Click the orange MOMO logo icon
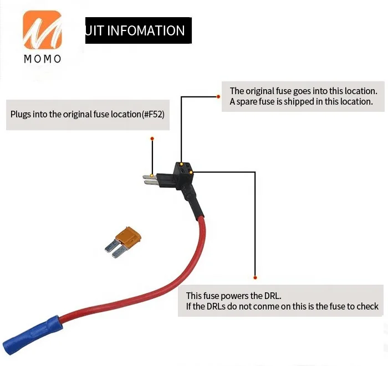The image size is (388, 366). click(42, 30)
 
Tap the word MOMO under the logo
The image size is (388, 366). click(42, 59)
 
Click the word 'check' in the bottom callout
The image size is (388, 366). click(367, 306)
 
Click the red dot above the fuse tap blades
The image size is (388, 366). click(152, 138)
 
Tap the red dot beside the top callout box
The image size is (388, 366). click(218, 96)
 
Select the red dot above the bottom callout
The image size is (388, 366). click(255, 277)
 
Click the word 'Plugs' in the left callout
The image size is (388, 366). click(21, 115)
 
